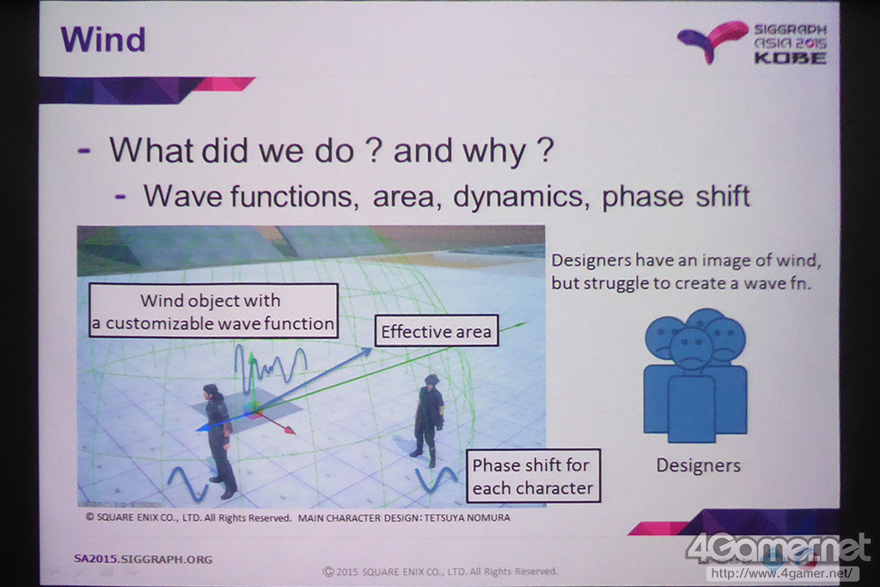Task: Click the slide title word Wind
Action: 103,40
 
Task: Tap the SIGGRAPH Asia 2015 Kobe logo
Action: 751,43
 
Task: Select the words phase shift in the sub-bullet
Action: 675,197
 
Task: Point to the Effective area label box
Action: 437,331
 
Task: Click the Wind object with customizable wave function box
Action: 213,311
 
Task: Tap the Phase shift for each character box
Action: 533,475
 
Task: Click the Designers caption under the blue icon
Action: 698,465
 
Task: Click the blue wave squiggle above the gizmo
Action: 271,368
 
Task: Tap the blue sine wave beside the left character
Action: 187,484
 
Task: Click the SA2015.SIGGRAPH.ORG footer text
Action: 144,559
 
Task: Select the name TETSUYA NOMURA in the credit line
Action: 467,517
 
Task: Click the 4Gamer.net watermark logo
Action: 778,547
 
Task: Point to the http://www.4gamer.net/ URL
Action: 784,573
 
